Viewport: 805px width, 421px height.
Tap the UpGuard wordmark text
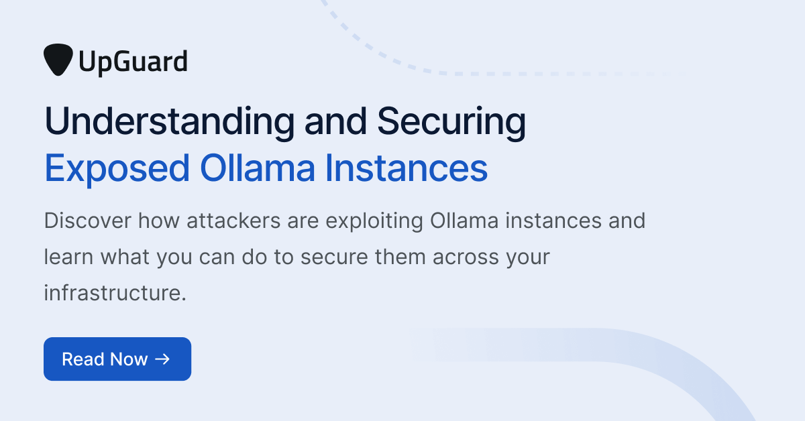pyautogui.click(x=132, y=62)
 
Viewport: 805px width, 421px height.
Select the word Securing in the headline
pyautogui.click(x=451, y=123)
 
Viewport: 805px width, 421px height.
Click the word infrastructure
pyautogui.click(x=114, y=293)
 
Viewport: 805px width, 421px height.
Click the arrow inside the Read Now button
pyautogui.click(x=162, y=359)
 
